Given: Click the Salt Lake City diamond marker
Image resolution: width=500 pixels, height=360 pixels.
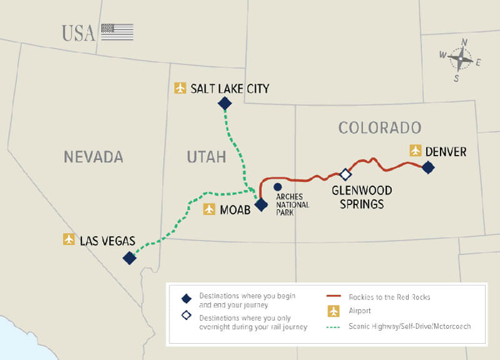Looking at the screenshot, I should [224, 103].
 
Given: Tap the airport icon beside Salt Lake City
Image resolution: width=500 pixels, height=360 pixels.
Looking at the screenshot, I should [181, 88].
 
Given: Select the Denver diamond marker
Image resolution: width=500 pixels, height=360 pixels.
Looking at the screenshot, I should [428, 167].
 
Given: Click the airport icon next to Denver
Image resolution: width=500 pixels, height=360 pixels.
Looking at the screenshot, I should [416, 151].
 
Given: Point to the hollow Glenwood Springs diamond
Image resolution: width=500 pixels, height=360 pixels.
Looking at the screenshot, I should [346, 174].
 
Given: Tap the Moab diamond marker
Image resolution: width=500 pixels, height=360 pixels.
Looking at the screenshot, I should [261, 204].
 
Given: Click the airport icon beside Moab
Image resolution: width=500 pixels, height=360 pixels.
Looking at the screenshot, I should [209, 209].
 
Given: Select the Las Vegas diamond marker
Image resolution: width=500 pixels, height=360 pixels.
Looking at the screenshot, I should [129, 257].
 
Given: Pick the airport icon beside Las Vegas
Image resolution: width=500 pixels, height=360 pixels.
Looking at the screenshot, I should [69, 239].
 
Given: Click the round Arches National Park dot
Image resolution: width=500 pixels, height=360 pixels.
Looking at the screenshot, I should [277, 187].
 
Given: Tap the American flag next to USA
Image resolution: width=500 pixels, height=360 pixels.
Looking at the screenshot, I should [117, 32].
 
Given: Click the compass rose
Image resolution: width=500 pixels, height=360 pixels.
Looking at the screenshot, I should [461, 60].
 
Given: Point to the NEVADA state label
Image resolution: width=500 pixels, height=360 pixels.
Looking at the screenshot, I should [93, 156].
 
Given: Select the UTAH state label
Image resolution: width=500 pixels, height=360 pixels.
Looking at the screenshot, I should [206, 156].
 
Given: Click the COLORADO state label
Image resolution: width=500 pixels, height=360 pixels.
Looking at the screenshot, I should [380, 127].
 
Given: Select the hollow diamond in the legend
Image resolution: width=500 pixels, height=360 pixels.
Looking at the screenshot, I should [186, 316].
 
